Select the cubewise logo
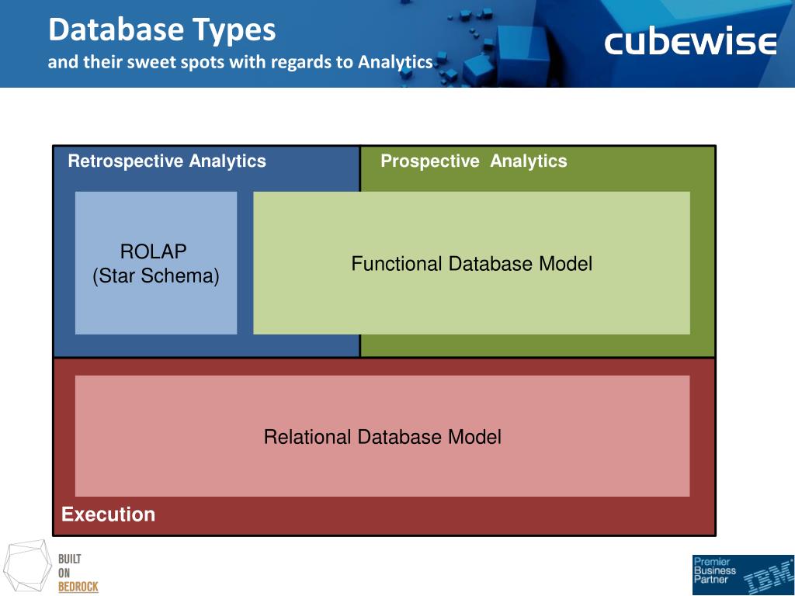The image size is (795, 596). (x=690, y=43)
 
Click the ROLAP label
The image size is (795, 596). (x=154, y=251)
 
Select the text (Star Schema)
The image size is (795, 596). (x=156, y=276)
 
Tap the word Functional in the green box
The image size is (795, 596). (x=397, y=264)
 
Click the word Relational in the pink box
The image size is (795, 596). (x=307, y=437)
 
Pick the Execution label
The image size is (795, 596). (x=108, y=515)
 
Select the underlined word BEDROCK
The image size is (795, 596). (x=78, y=587)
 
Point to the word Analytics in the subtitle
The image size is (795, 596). (x=394, y=62)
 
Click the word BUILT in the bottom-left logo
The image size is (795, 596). (x=70, y=559)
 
